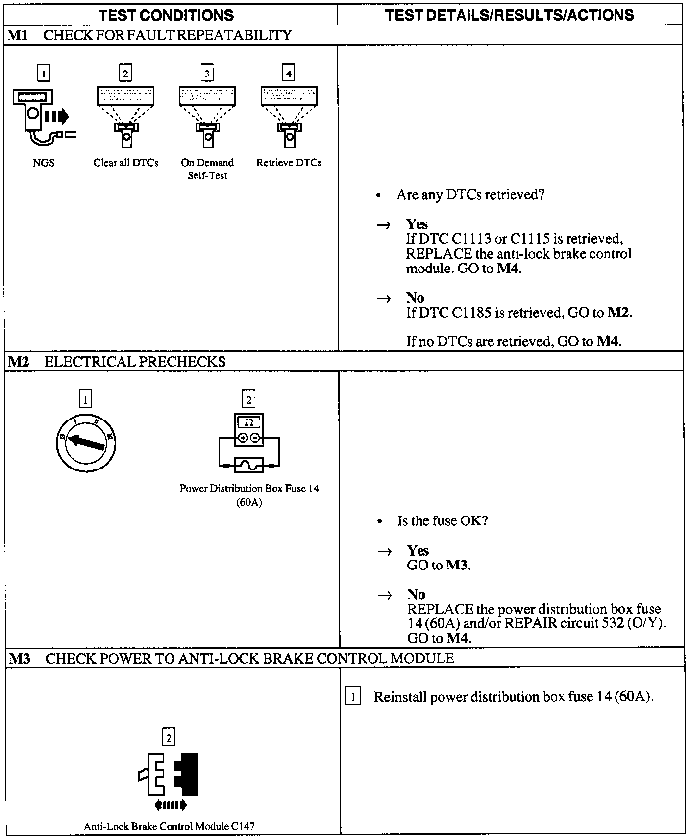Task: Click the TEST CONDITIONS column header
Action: point(167,15)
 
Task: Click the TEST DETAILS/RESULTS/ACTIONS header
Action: point(510,15)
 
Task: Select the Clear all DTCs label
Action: point(126,163)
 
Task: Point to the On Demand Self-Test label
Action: point(207,169)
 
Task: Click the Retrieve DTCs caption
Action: point(289,163)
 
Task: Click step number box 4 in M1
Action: point(289,74)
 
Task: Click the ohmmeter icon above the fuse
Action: point(249,429)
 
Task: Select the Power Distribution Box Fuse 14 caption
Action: point(249,495)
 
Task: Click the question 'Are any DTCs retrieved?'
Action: point(470,195)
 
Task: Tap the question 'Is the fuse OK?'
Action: point(443,521)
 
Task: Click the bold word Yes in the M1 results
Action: point(417,224)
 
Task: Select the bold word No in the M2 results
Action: point(416,594)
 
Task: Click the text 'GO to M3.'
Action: point(439,565)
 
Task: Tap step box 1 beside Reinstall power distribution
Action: point(353,696)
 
